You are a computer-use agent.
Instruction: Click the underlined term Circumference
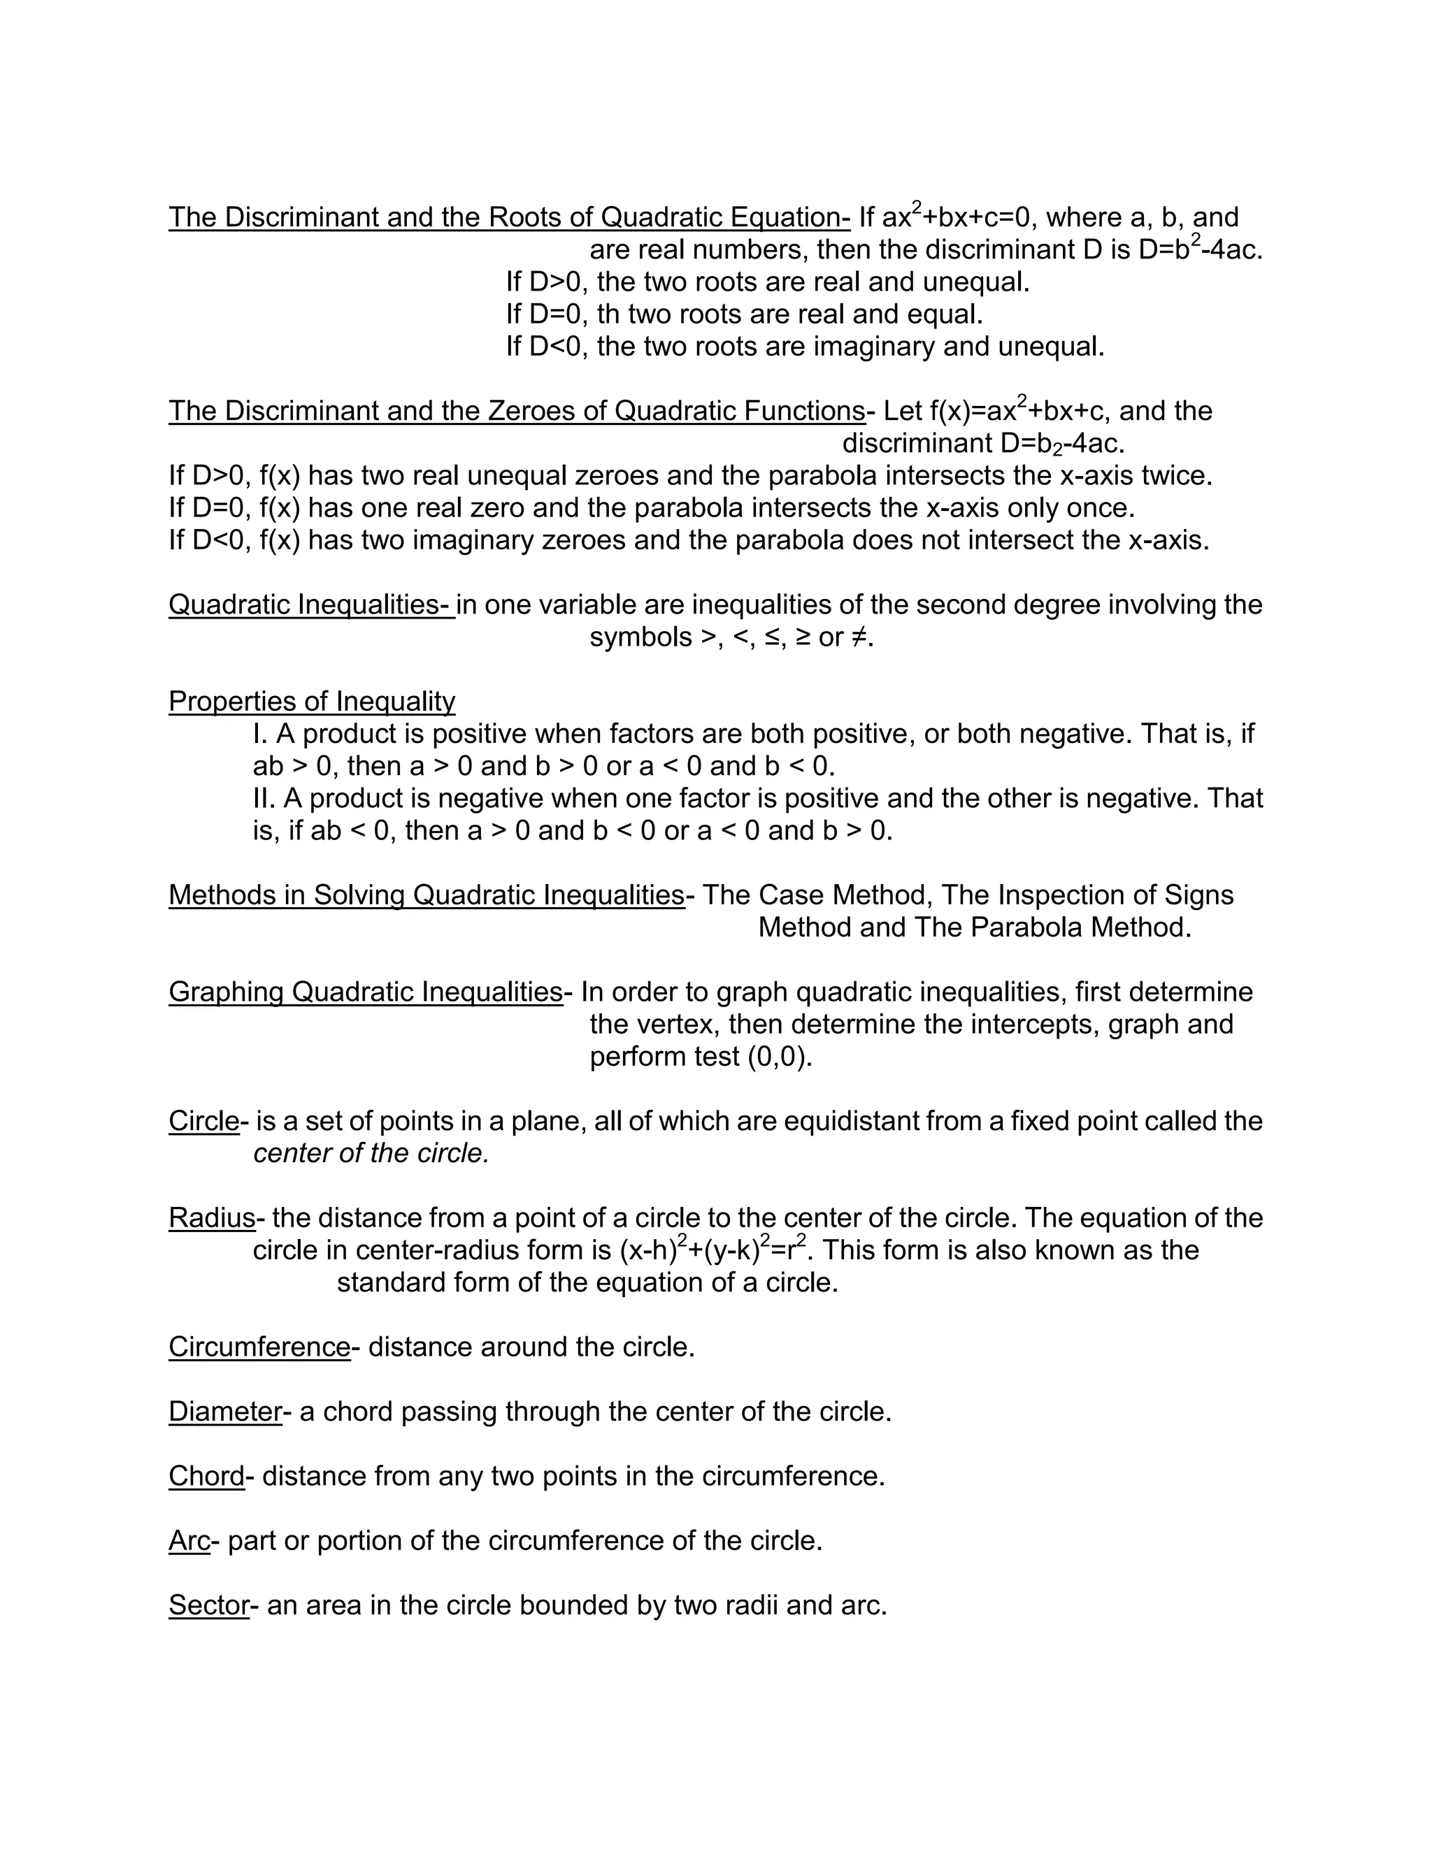point(259,1347)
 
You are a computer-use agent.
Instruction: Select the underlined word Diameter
point(225,1411)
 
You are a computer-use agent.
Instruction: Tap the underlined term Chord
point(206,1475)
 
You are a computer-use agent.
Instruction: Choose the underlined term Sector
point(208,1605)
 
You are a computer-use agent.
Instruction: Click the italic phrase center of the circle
point(371,1153)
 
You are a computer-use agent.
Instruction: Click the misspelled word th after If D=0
point(608,314)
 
